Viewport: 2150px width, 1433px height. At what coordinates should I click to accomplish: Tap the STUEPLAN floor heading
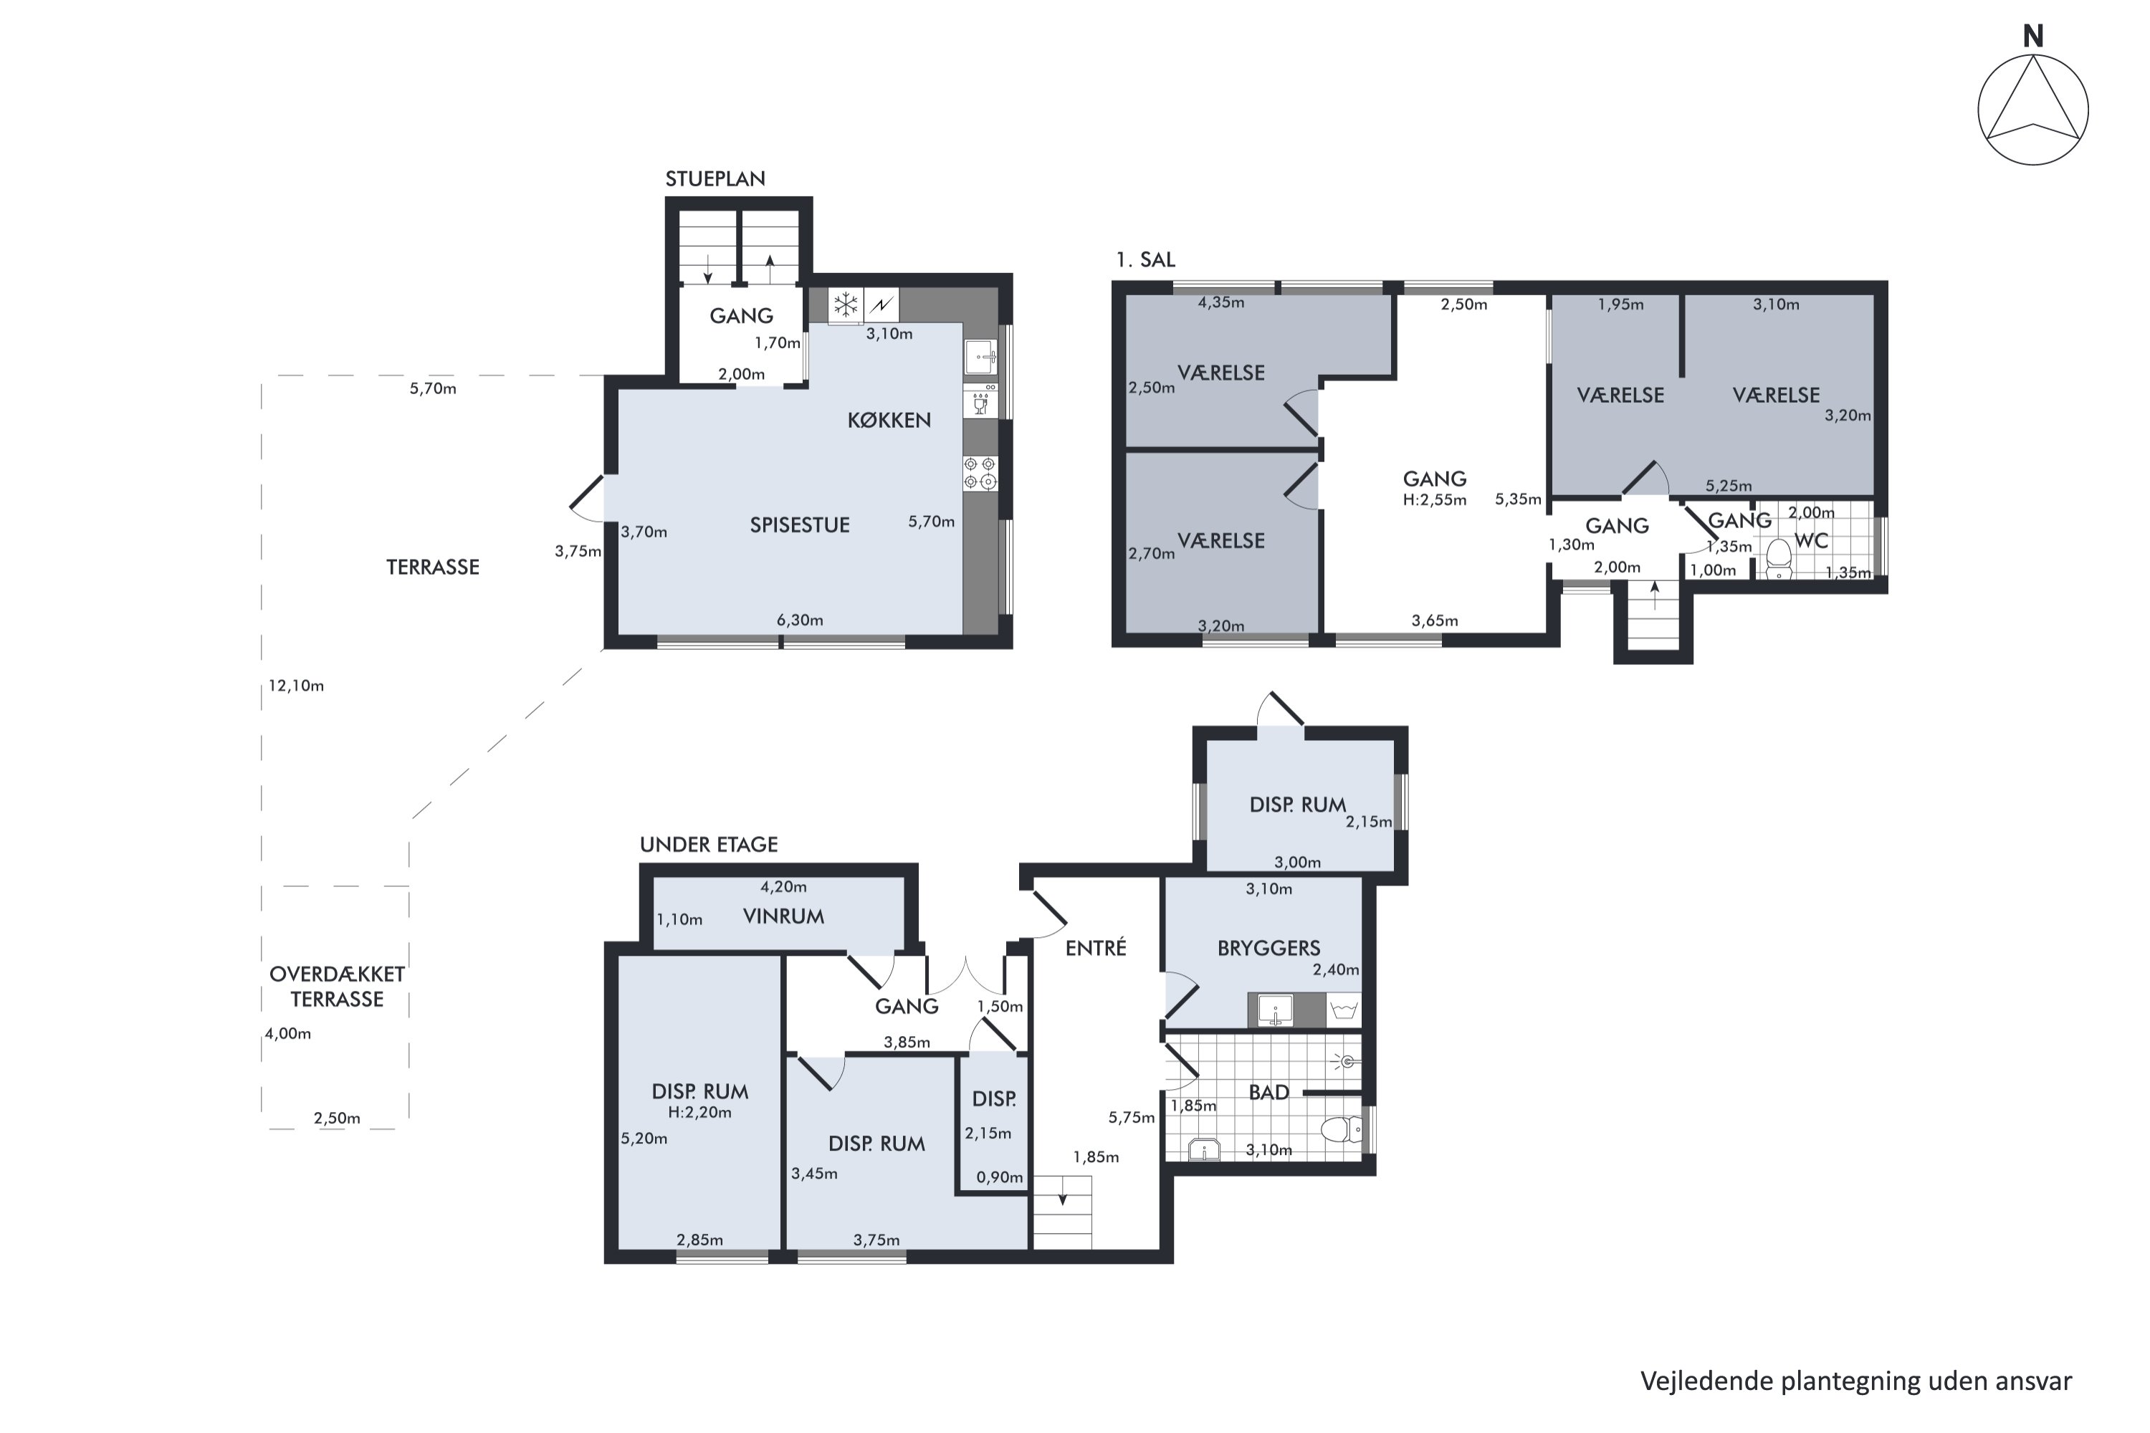click(x=715, y=179)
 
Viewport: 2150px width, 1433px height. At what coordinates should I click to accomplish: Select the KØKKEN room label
click(x=889, y=421)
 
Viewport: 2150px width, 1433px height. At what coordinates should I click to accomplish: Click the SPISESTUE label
click(x=800, y=525)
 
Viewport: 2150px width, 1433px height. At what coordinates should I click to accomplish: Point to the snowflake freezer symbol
click(x=846, y=305)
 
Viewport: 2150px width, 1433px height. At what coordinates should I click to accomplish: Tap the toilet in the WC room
click(x=1778, y=557)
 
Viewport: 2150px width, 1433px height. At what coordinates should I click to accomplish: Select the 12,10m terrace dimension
click(x=296, y=686)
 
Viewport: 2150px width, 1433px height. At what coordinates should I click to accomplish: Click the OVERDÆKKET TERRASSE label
click(x=338, y=986)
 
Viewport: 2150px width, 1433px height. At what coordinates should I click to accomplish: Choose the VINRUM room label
click(x=783, y=916)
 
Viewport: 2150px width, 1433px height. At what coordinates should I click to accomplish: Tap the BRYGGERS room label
click(x=1268, y=949)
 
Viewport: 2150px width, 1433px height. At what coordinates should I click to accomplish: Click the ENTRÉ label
click(x=1096, y=949)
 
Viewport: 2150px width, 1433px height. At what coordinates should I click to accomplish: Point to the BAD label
click(x=1268, y=1092)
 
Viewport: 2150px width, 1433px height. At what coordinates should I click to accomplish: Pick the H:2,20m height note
click(x=699, y=1112)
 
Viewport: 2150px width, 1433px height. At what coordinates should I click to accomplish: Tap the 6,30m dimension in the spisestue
click(x=800, y=620)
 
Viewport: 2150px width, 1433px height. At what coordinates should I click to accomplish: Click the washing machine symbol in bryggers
click(x=1343, y=1010)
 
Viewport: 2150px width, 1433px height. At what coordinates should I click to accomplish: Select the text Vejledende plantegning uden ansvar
click(x=1855, y=1381)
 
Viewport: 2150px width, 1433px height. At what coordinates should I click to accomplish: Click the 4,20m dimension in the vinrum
click(x=783, y=886)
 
